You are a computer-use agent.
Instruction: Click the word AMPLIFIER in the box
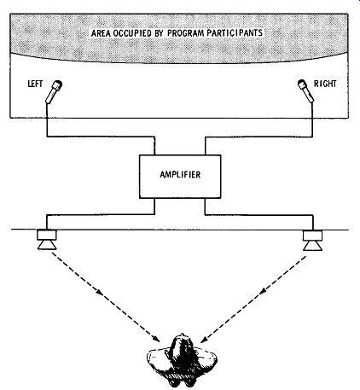click(180, 174)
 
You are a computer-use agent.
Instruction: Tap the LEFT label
click(35, 84)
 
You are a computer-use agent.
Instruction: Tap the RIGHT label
click(325, 84)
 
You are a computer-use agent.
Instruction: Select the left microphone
click(54, 92)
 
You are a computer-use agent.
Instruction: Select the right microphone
click(306, 90)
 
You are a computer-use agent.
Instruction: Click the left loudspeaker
click(47, 240)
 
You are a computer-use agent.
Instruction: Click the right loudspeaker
click(312, 241)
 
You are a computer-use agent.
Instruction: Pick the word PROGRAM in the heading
click(186, 33)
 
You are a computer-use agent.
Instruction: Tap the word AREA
click(102, 33)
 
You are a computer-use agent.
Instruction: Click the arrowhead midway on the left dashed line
click(99, 292)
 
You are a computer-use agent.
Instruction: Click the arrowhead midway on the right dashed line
click(264, 290)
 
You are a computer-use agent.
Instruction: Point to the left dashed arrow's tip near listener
click(160, 341)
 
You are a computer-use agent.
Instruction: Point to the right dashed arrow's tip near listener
click(200, 342)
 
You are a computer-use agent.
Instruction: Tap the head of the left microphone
click(58, 84)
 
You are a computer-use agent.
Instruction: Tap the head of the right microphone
click(302, 84)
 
